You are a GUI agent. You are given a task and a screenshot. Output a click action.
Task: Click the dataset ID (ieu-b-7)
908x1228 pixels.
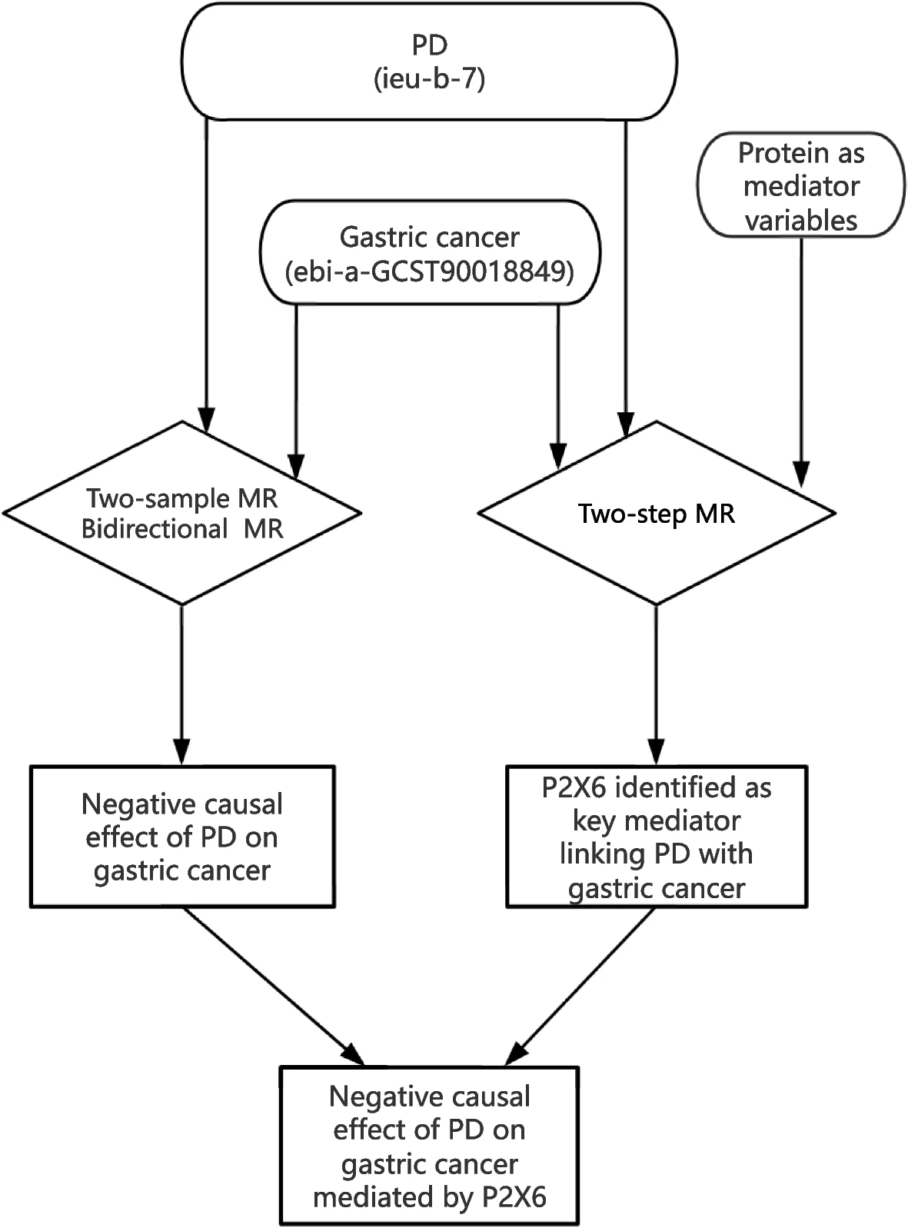click(x=430, y=78)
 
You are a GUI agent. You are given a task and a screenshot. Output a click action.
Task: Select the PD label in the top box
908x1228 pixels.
click(x=430, y=45)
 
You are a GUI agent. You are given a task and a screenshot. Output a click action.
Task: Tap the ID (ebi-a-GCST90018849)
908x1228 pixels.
click(x=430, y=271)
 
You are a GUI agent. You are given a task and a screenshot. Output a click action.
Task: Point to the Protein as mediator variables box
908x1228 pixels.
click(x=801, y=185)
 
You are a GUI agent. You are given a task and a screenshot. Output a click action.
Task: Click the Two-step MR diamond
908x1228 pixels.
click(x=657, y=513)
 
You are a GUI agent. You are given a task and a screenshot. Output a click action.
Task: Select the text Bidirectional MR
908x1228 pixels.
click(x=182, y=529)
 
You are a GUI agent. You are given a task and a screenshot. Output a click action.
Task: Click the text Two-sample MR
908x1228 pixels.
click(x=182, y=498)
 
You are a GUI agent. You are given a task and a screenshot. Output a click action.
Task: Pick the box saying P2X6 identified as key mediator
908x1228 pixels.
click(x=657, y=837)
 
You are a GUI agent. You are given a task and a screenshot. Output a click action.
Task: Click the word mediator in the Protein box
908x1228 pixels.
click(x=801, y=187)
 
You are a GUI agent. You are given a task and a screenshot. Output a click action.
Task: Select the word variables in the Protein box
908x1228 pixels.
click(x=801, y=221)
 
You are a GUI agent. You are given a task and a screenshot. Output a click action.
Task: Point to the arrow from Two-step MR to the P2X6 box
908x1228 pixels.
click(x=657, y=685)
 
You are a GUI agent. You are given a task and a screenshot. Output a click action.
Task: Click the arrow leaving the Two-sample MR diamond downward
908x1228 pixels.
click(x=182, y=685)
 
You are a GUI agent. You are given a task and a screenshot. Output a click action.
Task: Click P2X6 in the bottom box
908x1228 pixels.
click(x=514, y=1197)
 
